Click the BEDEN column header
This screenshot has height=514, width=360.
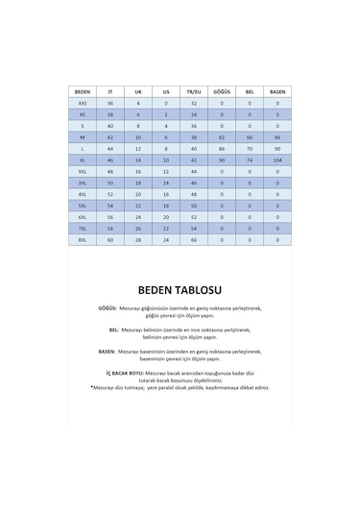pos(82,91)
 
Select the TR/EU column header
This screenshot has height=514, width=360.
pos(194,91)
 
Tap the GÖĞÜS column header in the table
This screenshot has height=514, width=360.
pos(222,91)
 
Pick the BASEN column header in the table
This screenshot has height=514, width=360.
pos(277,91)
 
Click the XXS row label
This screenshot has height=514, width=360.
pos(82,102)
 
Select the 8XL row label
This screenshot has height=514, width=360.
pos(82,240)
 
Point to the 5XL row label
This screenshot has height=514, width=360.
pos(82,206)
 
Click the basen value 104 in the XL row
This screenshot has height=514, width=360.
pos(277,159)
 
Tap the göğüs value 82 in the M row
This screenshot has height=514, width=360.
pos(222,136)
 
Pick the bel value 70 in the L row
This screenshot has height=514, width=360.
pos(250,148)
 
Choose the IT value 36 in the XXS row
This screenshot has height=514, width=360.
pos(110,102)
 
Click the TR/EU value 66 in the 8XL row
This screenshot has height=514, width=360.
pos(194,240)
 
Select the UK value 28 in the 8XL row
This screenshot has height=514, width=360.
pos(138,240)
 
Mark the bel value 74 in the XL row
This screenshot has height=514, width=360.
pos(250,159)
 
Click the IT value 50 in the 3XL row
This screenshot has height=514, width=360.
pos(110,183)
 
